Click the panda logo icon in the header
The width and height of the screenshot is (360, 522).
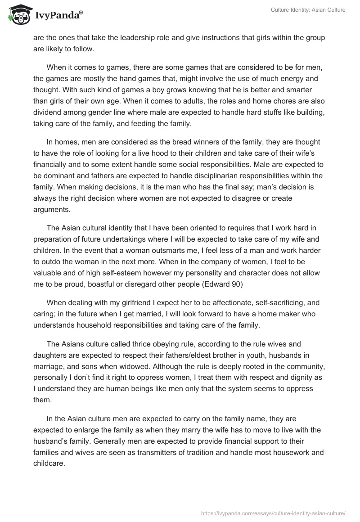(x=18, y=15)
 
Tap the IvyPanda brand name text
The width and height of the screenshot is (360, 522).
(x=58, y=16)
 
